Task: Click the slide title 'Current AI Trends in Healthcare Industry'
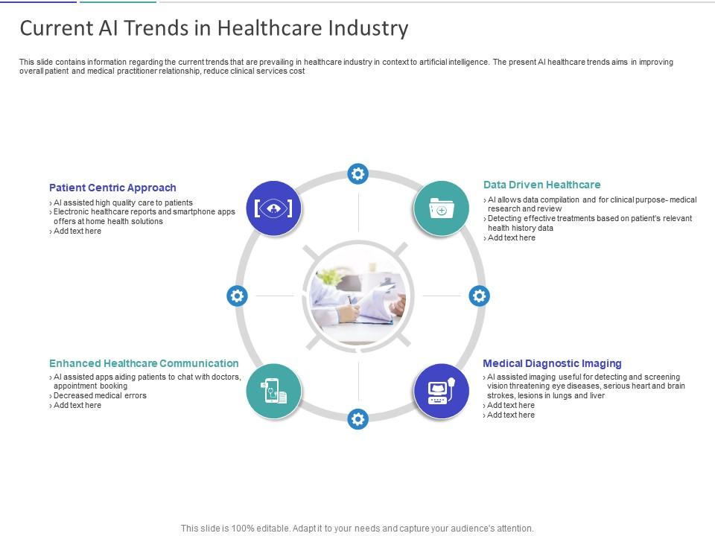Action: click(214, 28)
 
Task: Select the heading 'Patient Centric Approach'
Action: click(112, 188)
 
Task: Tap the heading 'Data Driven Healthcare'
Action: click(541, 185)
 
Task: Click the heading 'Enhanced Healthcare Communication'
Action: click(144, 363)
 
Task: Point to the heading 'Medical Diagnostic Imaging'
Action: click(552, 363)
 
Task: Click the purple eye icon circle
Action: click(273, 208)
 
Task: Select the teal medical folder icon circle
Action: click(441, 208)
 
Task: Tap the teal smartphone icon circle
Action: click(273, 391)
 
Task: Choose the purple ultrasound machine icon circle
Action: click(441, 391)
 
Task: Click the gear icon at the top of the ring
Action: click(358, 173)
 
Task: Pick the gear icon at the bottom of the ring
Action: click(358, 419)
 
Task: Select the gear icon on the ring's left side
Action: click(237, 296)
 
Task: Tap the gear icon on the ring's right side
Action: click(479, 296)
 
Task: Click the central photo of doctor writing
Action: click(358, 296)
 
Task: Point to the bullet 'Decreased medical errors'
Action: click(100, 395)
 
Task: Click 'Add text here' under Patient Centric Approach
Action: click(77, 231)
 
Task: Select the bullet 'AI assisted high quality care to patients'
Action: click(123, 202)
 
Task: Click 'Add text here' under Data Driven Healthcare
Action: click(511, 238)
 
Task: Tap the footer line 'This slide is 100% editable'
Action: click(357, 529)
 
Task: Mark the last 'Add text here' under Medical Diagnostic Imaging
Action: click(510, 415)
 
